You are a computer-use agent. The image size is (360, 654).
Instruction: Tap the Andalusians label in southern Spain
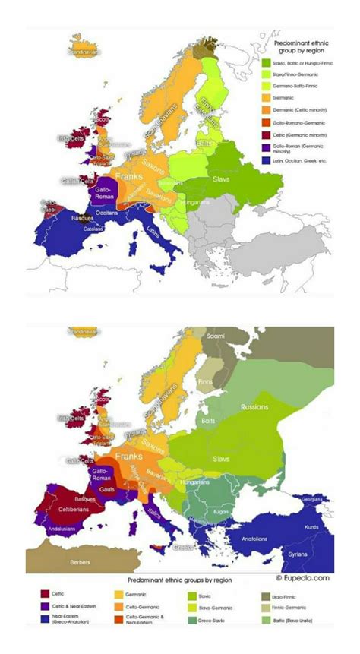[x=52, y=531]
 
